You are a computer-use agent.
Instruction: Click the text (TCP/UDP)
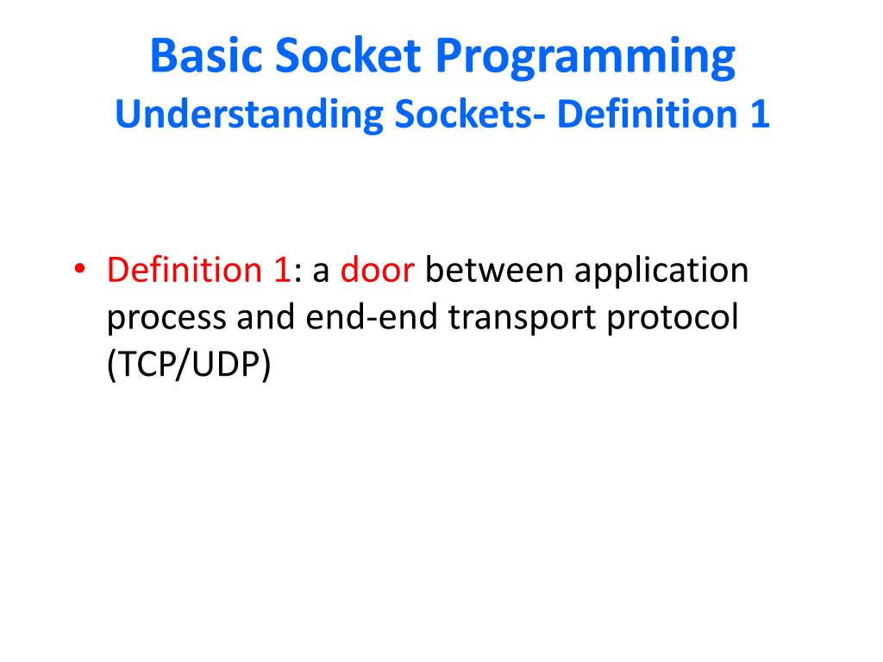tap(189, 365)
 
